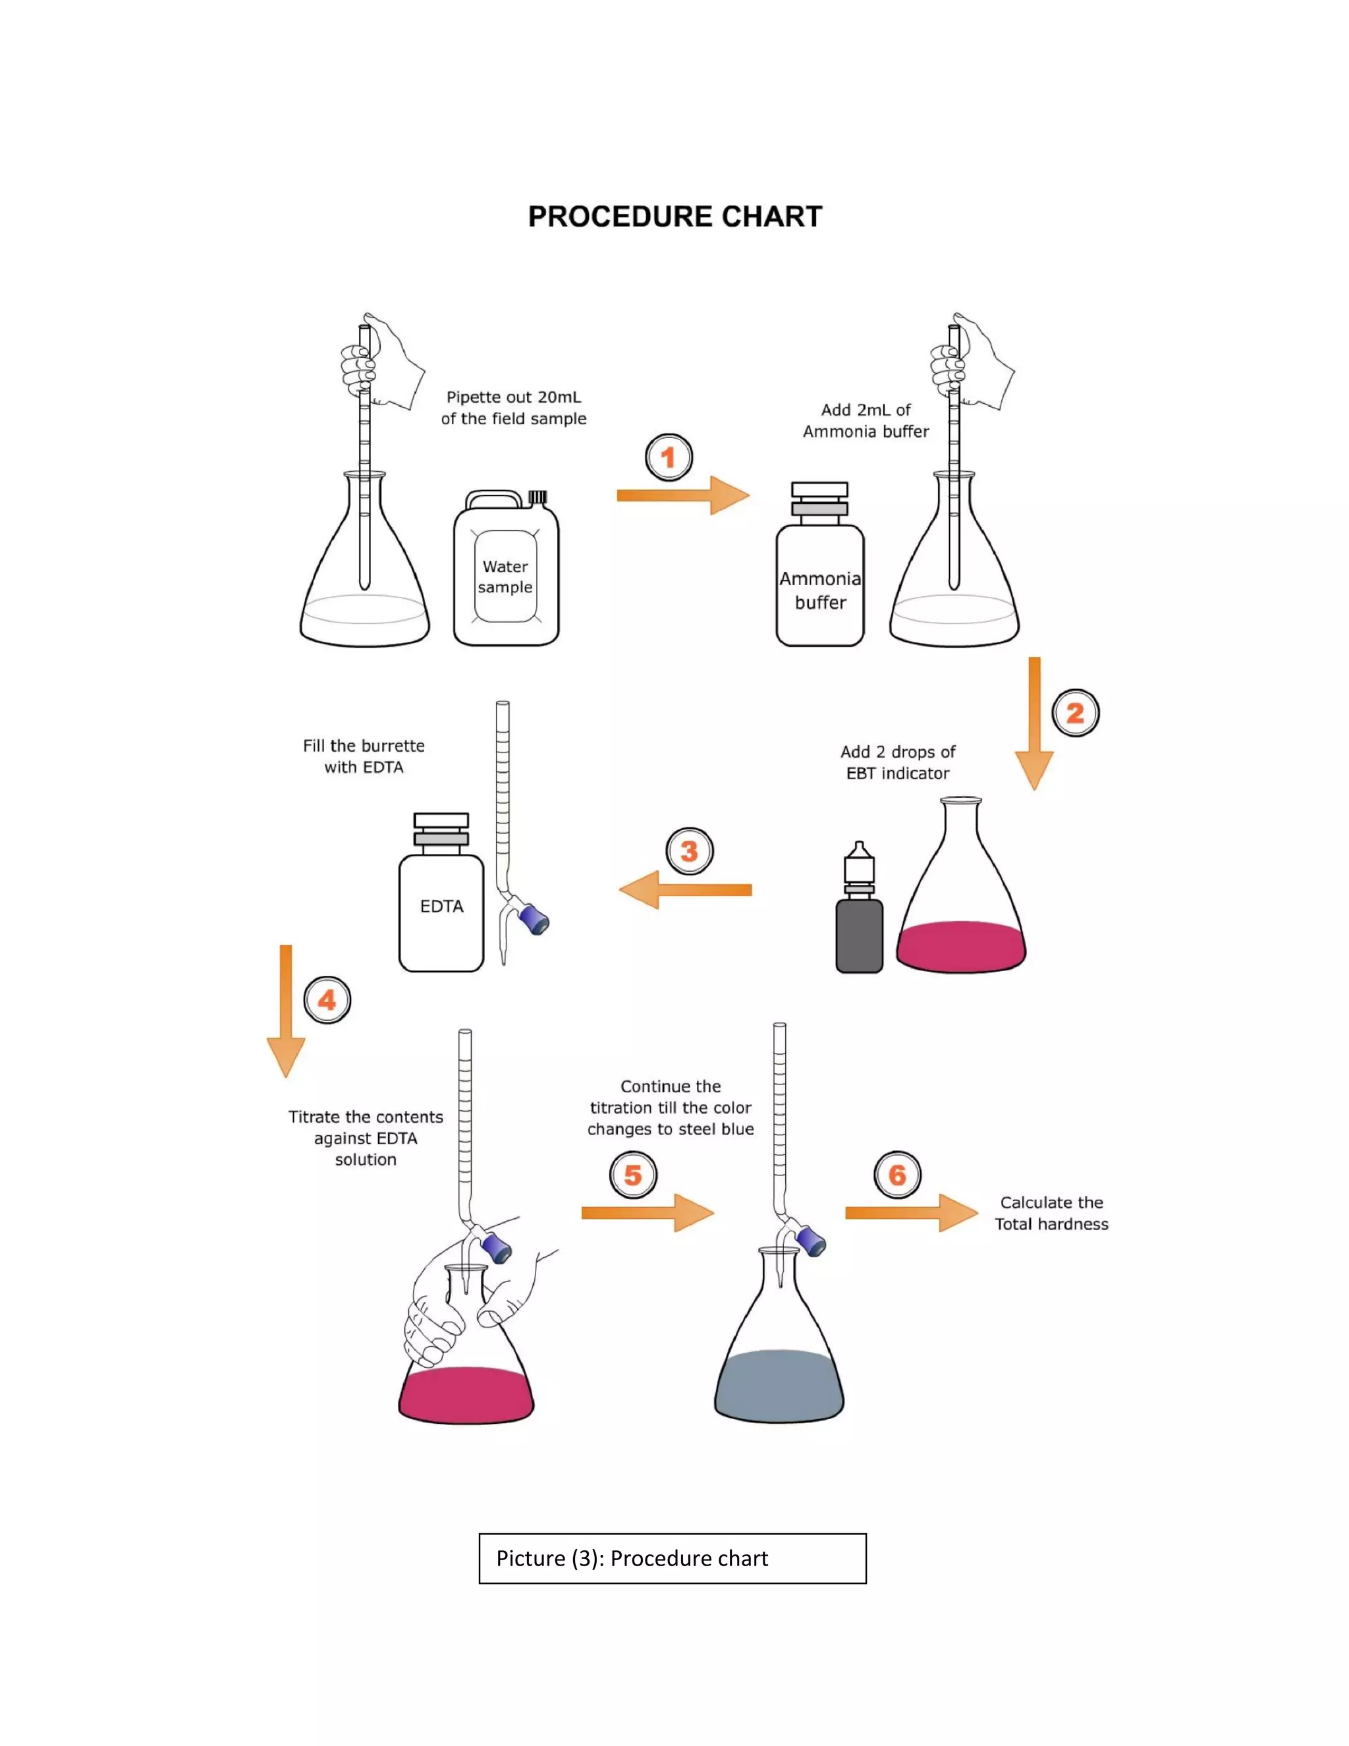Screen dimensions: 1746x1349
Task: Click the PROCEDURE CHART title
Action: (x=674, y=217)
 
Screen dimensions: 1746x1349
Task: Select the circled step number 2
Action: (x=1075, y=712)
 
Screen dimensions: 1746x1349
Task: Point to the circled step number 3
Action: (x=689, y=851)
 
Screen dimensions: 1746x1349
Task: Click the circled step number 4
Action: (x=327, y=1000)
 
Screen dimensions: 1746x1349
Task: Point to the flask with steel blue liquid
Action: (x=779, y=1375)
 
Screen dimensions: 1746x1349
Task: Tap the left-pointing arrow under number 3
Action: (x=685, y=889)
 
